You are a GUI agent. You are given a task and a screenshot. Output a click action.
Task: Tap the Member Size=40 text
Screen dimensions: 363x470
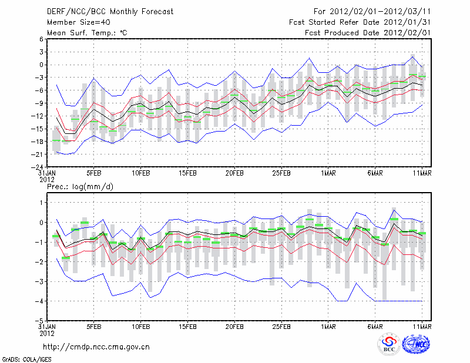pos(74,22)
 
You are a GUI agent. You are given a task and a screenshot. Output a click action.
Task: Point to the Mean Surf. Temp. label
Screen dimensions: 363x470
pos(87,32)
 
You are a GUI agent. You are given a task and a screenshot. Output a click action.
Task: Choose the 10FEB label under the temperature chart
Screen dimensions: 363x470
pos(141,174)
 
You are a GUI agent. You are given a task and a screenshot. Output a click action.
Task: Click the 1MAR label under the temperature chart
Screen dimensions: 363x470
pos(328,174)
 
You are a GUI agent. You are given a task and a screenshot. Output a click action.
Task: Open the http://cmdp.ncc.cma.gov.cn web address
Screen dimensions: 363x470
pos(96,347)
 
